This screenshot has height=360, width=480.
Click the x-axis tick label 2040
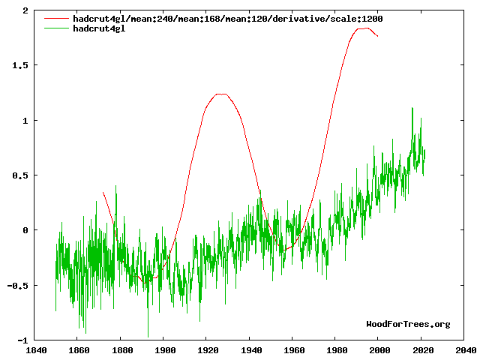coord(465,349)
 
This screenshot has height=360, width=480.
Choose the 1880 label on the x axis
coord(121,349)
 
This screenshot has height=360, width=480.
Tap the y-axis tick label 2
coord(25,11)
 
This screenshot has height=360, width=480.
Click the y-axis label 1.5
coord(19,66)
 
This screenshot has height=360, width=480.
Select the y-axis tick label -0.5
coord(16,286)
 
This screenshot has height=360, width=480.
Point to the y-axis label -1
coord(22,340)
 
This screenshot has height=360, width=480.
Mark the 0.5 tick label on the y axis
coord(19,175)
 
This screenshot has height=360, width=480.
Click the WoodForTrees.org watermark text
coord(408,324)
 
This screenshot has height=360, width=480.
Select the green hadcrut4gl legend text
coord(99,28)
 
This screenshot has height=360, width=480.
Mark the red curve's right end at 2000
coord(378,36)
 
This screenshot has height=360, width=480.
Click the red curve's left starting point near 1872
coord(103,193)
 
